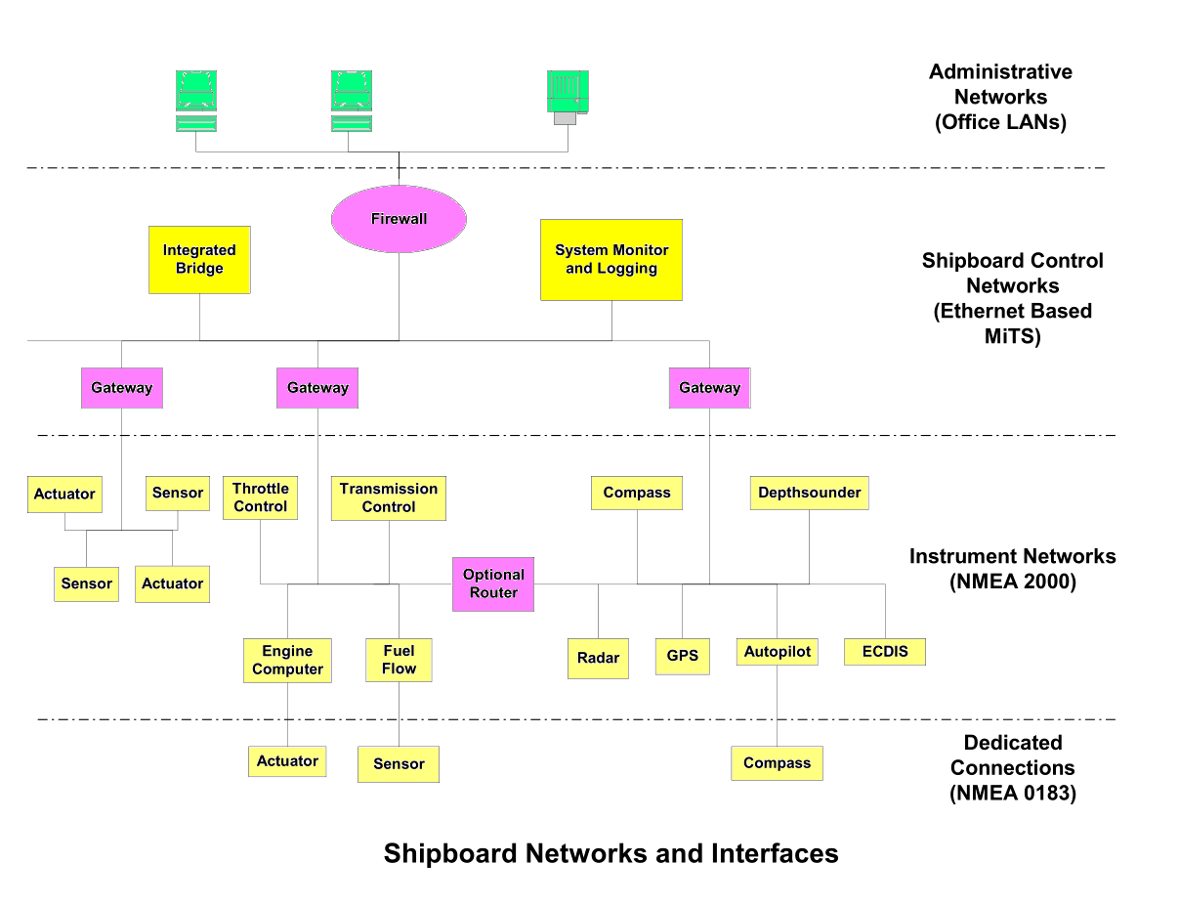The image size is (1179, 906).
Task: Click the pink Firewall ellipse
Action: [x=399, y=218]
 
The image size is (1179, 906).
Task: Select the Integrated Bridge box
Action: [x=199, y=260]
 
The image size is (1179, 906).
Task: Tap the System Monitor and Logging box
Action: [x=611, y=260]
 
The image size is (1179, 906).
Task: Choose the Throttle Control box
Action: [x=260, y=497]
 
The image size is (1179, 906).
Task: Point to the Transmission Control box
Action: [x=389, y=497]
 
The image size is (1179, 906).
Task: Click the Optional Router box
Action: [x=493, y=583]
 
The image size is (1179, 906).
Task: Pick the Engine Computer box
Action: [x=287, y=660]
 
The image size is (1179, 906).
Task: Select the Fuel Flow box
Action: [x=399, y=660]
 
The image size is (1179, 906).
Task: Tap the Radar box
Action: [x=598, y=658]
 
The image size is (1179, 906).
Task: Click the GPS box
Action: [x=682, y=655]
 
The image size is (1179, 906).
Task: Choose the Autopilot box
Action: [x=777, y=652]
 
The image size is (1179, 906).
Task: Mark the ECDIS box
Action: [x=884, y=652]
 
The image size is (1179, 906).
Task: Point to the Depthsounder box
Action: [x=809, y=493]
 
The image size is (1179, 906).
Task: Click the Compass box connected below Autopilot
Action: [x=777, y=762]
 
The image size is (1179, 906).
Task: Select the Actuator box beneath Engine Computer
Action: [x=287, y=760]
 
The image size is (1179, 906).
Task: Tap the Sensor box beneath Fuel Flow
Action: [x=399, y=763]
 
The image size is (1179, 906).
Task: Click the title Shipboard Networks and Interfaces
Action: [x=611, y=853]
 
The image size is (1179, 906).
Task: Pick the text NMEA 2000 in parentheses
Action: [x=1012, y=582]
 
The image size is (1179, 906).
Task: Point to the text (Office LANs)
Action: [x=1000, y=122]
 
